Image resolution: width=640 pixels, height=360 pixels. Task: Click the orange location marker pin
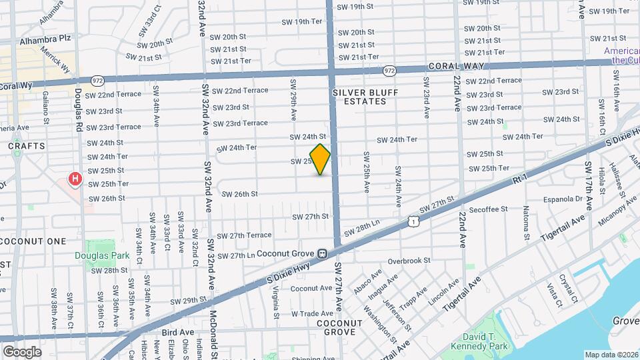coord(320,159)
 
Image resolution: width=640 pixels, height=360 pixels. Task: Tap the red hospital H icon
coord(75,179)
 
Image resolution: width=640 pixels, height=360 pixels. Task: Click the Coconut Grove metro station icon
coord(322,253)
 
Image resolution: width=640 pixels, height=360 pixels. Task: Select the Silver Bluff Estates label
coord(359,96)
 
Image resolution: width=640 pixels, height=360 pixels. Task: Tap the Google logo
coord(22,351)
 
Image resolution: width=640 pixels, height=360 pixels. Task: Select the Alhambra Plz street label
coord(64,39)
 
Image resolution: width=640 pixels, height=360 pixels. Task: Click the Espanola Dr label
coord(564,199)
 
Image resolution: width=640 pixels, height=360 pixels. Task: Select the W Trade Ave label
coord(312,313)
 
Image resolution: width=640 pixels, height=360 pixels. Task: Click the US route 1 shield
coord(414,221)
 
